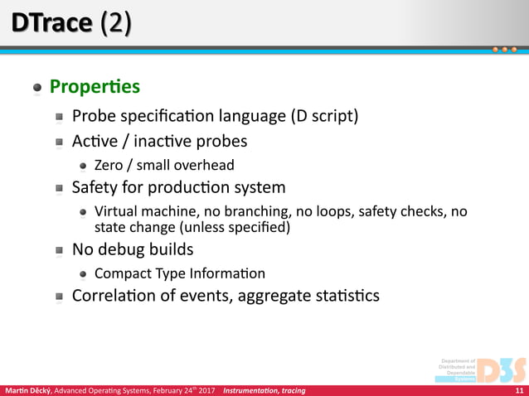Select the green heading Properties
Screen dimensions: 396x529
coord(95,87)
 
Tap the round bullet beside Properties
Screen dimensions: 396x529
coord(37,88)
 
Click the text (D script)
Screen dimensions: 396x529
coord(323,115)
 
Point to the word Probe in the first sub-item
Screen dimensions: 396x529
coord(94,115)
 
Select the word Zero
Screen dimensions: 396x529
coord(109,165)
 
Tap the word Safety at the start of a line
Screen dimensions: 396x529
coord(96,187)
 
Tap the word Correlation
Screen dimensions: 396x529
coord(120,296)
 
